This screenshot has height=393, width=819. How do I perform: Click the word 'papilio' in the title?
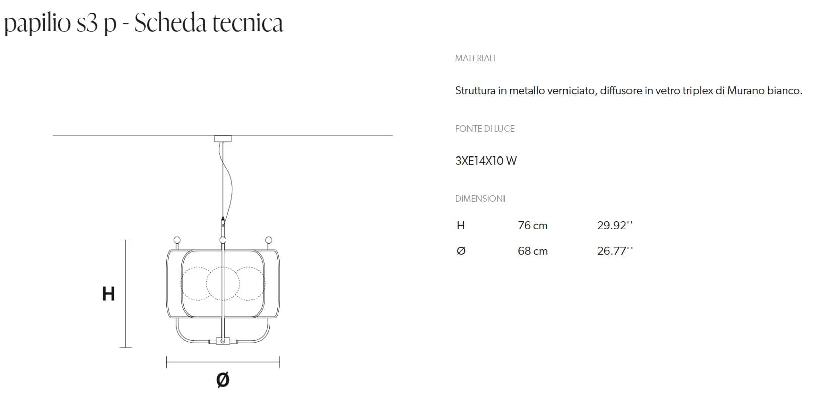[x=36, y=23]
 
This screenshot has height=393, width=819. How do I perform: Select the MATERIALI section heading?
[x=475, y=58]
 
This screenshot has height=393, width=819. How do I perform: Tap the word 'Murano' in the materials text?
[x=745, y=91]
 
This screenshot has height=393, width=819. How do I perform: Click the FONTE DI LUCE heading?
[x=484, y=129]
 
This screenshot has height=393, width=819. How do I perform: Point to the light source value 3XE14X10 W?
[x=485, y=161]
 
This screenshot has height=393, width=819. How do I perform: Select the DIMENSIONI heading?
[x=480, y=199]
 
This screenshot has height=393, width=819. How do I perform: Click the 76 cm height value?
[x=532, y=226]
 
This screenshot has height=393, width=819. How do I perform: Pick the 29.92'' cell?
[x=614, y=226]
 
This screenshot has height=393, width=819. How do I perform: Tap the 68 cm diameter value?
[x=532, y=251]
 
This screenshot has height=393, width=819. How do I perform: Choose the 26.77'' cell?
[x=614, y=251]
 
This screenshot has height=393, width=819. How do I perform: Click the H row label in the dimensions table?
[x=460, y=226]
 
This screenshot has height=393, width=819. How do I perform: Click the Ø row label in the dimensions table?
[x=460, y=251]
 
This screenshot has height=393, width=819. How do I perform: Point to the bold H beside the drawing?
[x=108, y=294]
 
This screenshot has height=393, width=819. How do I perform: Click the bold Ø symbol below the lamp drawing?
[x=222, y=379]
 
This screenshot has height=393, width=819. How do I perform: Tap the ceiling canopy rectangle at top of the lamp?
[x=223, y=138]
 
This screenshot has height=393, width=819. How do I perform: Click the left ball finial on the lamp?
[x=177, y=240]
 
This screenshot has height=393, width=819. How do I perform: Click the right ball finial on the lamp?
[x=269, y=240]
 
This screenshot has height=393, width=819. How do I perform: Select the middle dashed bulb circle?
[x=223, y=283]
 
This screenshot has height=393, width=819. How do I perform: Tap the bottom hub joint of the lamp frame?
[x=223, y=341]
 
